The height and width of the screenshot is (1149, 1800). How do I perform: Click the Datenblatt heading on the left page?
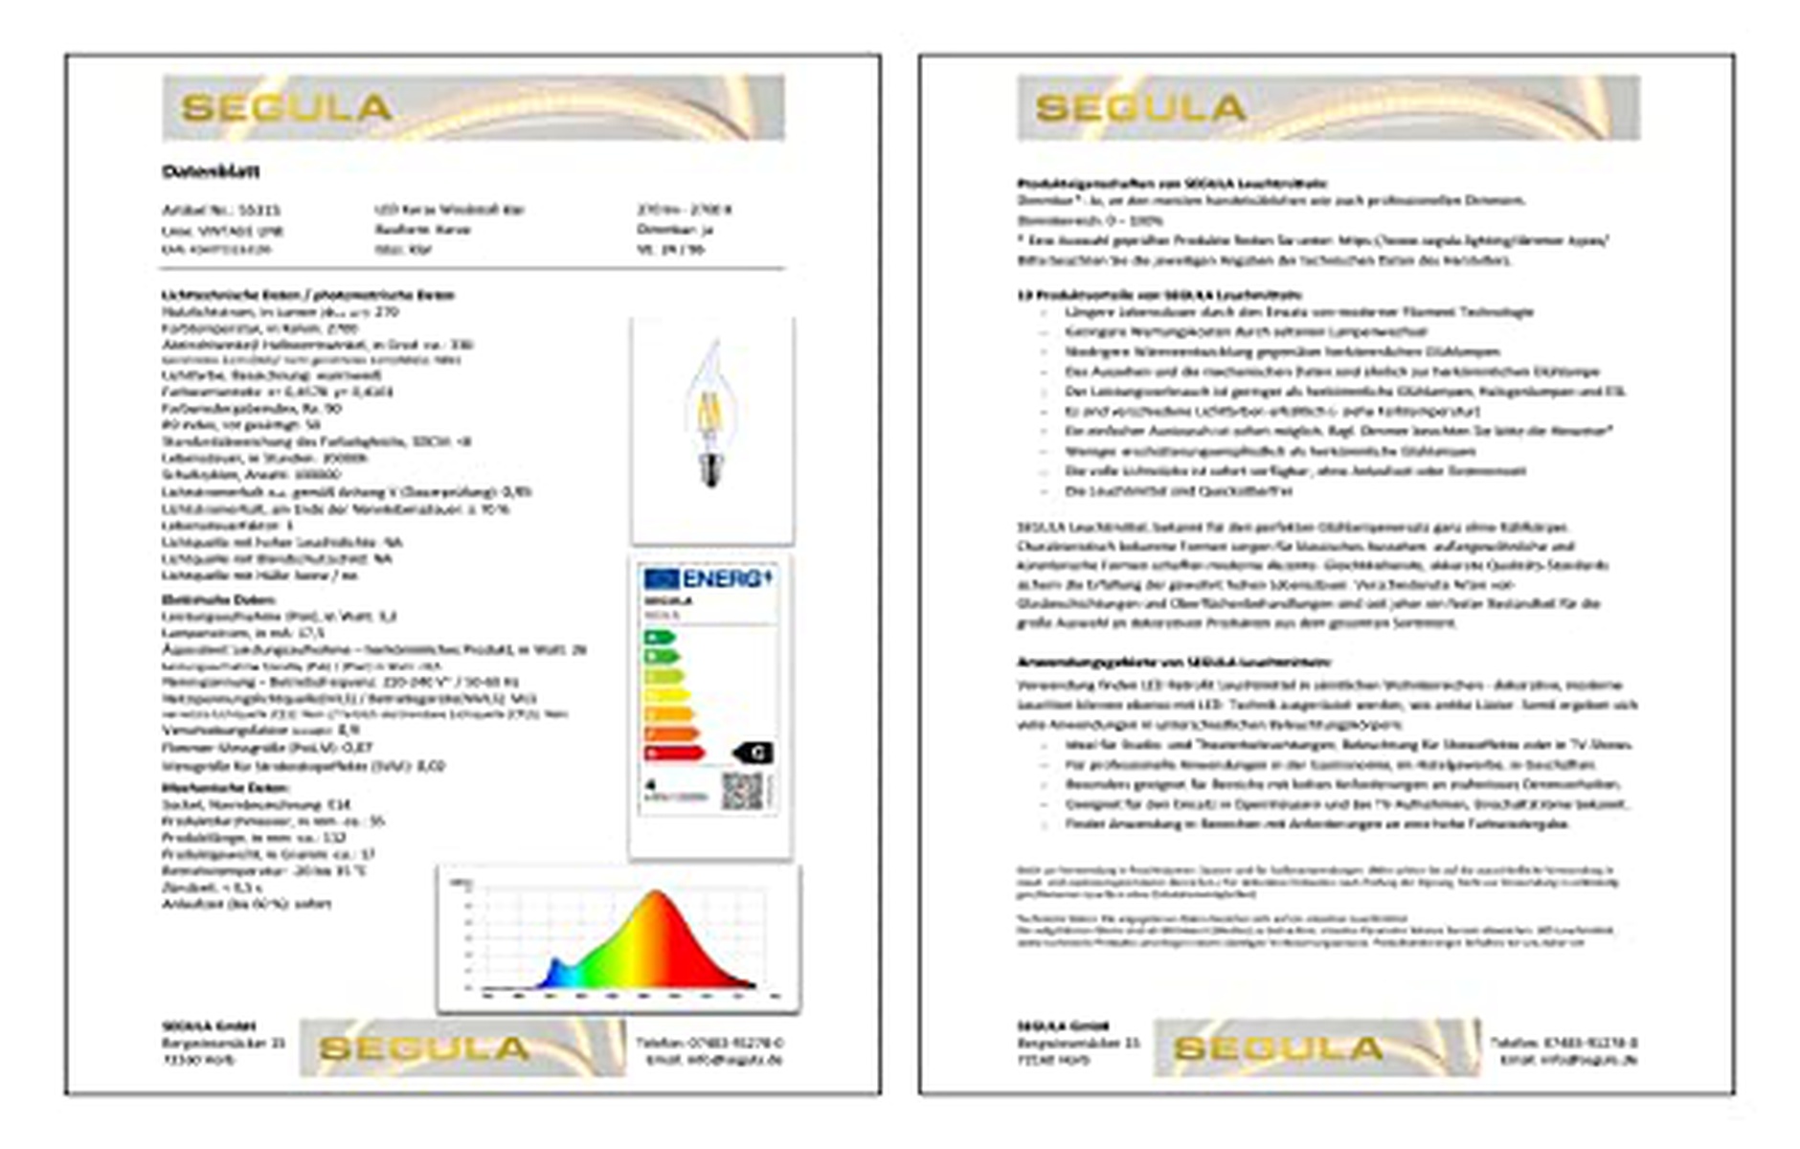coord(211,171)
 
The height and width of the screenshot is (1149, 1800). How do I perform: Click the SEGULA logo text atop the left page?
coord(286,108)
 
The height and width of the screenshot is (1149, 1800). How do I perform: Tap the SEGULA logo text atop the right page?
coord(1140,108)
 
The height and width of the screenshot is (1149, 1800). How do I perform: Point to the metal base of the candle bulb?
coord(709,472)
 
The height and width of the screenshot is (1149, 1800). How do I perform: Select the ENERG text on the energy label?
coord(725,578)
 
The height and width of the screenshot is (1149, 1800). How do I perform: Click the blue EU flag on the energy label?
coord(661,578)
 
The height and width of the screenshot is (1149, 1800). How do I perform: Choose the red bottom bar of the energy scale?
coord(674,754)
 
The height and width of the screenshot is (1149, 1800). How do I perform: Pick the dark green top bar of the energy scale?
coord(659,637)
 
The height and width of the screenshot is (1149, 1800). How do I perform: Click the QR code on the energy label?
coord(742,791)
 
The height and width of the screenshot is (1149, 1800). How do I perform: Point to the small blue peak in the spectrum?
coord(554,969)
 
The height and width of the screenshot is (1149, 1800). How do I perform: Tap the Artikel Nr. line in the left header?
coord(221,210)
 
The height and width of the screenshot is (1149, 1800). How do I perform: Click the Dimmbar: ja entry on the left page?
coord(675,230)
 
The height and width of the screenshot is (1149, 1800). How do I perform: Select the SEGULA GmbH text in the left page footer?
coord(209,1025)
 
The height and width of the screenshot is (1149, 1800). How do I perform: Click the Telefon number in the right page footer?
coord(1563,1042)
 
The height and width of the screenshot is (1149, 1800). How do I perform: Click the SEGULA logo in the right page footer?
coord(1279,1048)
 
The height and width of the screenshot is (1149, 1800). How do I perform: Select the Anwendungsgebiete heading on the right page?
coord(1173,662)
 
